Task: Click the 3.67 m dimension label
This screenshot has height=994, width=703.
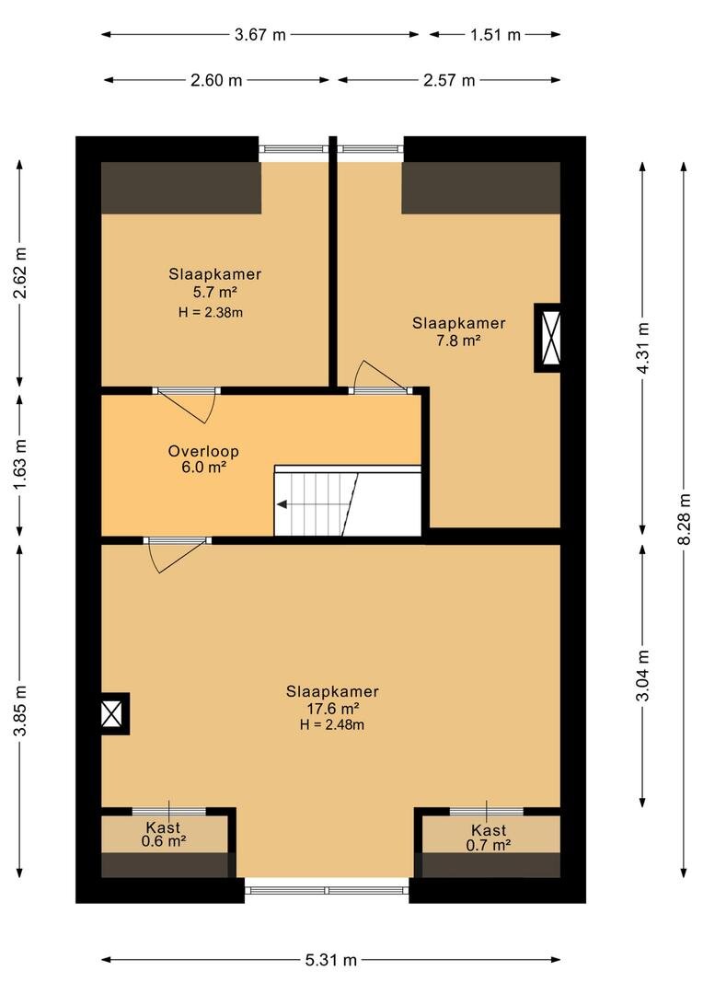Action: tap(259, 35)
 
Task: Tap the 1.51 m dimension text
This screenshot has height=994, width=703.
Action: tap(495, 35)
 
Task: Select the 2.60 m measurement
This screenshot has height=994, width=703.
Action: tap(216, 80)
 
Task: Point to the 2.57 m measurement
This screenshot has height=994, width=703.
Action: tap(449, 80)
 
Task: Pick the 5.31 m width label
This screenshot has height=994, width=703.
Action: tap(331, 960)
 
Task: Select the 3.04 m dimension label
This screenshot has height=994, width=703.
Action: tap(643, 676)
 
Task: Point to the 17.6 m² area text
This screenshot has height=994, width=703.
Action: tap(333, 709)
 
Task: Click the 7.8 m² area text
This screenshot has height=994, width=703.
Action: tap(458, 341)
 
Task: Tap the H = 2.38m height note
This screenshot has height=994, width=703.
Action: tap(211, 313)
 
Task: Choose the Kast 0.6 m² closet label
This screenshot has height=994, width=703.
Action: tap(164, 834)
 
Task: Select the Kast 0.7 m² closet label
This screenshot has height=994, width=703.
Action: tap(489, 838)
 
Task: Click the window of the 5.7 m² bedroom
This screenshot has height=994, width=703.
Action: tap(293, 149)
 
